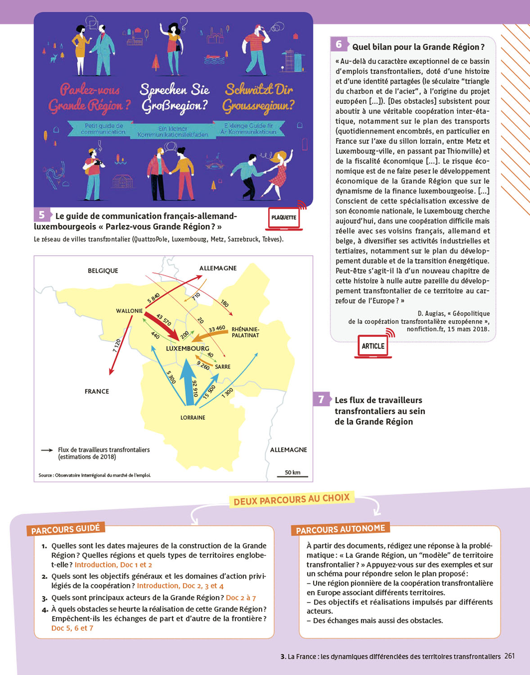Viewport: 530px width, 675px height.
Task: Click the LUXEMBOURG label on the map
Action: (x=187, y=348)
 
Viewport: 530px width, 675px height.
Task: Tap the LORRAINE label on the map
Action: (x=193, y=418)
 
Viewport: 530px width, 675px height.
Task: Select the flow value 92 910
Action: (x=195, y=388)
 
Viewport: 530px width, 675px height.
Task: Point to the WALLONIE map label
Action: (x=129, y=311)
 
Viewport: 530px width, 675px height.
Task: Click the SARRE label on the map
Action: (x=222, y=367)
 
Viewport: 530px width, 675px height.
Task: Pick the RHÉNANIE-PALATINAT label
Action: (x=245, y=332)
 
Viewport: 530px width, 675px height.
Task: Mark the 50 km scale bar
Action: (x=292, y=474)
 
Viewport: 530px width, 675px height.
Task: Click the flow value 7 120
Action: (x=117, y=346)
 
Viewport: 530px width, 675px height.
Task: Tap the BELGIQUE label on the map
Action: (x=103, y=270)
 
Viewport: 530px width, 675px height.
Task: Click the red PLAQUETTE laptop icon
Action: (x=284, y=218)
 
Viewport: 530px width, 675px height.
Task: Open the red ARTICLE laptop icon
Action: (x=373, y=346)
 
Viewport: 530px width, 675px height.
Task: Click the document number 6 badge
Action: (x=339, y=44)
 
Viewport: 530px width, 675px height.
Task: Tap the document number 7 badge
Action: (x=321, y=399)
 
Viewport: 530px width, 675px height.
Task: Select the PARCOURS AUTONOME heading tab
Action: (x=341, y=529)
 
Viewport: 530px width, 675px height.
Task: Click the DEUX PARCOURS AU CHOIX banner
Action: (x=292, y=499)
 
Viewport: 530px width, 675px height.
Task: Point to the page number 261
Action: (x=509, y=656)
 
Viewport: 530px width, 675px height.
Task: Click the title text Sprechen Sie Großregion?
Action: (x=175, y=97)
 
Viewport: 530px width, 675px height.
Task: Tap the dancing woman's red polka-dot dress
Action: (x=278, y=175)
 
